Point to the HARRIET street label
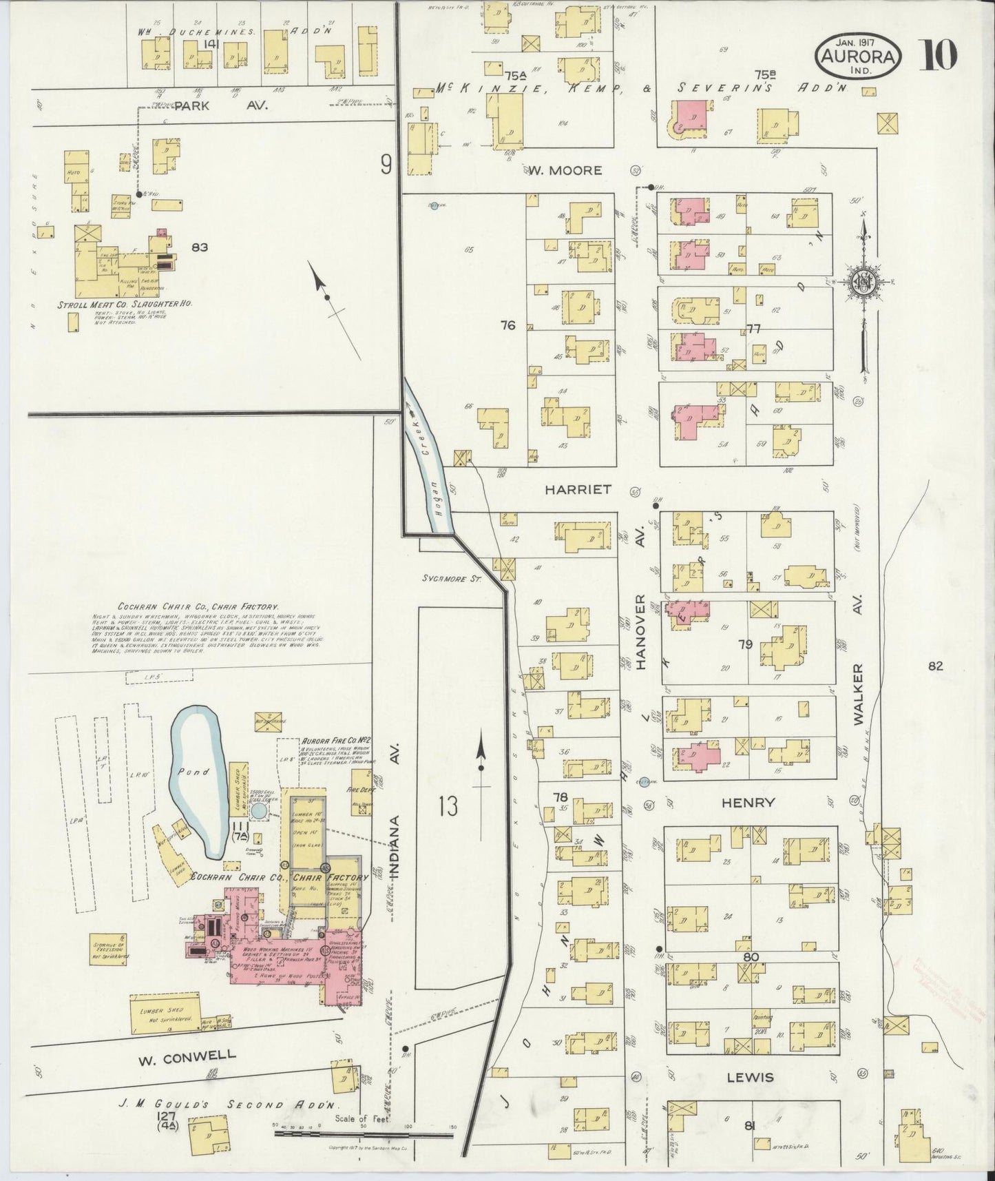[578, 489]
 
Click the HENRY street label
[748, 803]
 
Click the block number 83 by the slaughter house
[200, 246]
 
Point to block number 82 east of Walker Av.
[934, 666]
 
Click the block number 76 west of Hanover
[508, 326]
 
